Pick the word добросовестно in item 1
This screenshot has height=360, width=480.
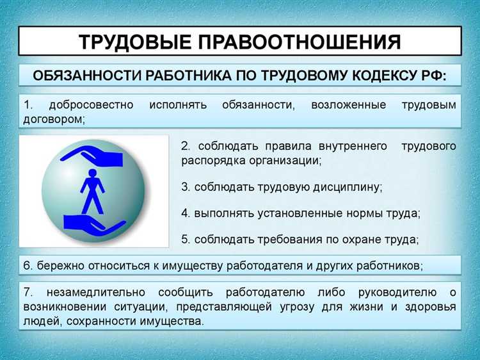pyautogui.click(x=89, y=105)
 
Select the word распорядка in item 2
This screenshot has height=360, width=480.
pyautogui.click(x=212, y=161)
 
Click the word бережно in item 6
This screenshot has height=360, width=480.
pyautogui.click(x=57, y=265)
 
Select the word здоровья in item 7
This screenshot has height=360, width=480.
pyautogui.click(x=431, y=307)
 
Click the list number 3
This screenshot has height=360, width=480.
pyautogui.click(x=185, y=187)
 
